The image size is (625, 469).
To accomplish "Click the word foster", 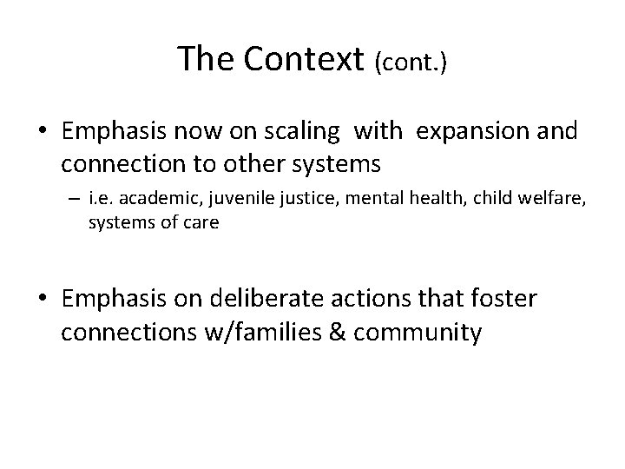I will click(x=504, y=300).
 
